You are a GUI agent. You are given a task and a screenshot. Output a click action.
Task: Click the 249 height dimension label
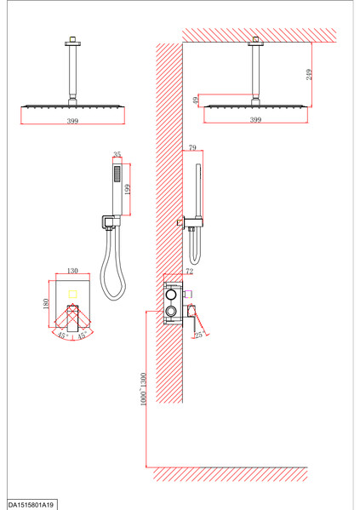click(309, 74)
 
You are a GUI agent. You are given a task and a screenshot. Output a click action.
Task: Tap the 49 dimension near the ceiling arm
click(196, 100)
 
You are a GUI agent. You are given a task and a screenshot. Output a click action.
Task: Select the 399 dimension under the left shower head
click(72, 121)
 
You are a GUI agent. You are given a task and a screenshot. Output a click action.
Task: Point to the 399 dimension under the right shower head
click(255, 120)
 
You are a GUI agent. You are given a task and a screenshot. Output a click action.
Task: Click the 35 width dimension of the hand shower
click(117, 154)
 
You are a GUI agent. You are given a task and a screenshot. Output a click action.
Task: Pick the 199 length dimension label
click(127, 189)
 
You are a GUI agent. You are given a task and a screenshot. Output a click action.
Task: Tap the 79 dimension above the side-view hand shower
click(192, 147)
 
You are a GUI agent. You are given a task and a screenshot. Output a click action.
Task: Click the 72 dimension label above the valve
click(189, 271)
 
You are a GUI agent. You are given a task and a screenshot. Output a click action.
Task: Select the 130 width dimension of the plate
click(72, 271)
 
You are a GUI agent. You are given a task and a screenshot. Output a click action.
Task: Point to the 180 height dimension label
click(45, 304)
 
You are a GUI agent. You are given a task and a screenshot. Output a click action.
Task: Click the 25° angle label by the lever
click(199, 335)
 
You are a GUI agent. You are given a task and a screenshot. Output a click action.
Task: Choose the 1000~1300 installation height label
click(143, 389)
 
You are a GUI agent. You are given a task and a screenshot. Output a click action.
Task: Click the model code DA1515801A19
click(31, 505)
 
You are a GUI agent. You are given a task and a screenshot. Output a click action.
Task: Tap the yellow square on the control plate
click(72, 295)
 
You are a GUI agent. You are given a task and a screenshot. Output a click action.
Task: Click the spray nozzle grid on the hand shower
click(117, 175)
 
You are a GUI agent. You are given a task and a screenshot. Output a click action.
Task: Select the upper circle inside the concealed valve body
click(171, 295)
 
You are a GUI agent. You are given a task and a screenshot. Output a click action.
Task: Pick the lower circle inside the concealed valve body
click(171, 312)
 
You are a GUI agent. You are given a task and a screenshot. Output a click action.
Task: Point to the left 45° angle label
click(63, 335)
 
